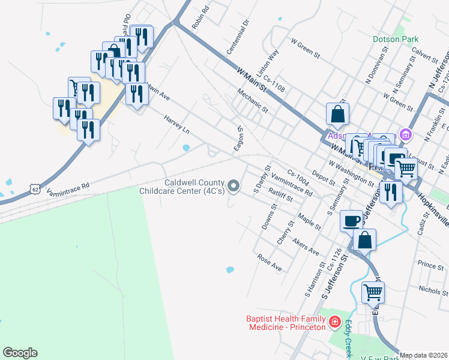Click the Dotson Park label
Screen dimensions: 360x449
(394, 39)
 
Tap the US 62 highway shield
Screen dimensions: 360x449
(35, 190)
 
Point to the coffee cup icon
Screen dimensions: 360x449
(351, 220)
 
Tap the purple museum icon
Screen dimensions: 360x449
(406, 134)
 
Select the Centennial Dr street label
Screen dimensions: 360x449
(237, 35)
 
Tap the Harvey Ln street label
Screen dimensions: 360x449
(177, 125)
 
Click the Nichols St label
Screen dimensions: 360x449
(433, 290)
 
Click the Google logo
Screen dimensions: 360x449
(20, 353)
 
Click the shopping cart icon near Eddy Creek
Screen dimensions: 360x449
(373, 293)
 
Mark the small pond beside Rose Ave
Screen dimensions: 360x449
(230, 269)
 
